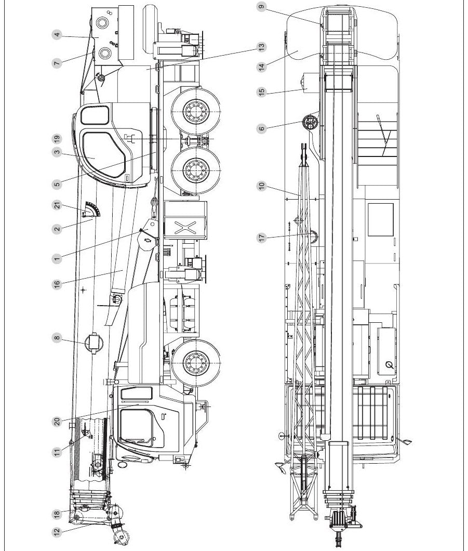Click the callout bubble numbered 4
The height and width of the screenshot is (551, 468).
click(57, 35)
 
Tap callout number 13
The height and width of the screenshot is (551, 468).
click(261, 47)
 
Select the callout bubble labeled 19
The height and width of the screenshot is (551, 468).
click(57, 139)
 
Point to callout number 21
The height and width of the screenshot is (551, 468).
click(57, 205)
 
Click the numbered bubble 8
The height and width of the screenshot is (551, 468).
click(57, 338)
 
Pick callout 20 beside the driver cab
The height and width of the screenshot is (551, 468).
click(57, 422)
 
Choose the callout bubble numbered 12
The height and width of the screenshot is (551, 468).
click(57, 532)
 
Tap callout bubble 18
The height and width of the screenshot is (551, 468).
click(57, 514)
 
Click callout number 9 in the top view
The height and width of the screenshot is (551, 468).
click(261, 7)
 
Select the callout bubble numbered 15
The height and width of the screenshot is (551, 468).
click(261, 92)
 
